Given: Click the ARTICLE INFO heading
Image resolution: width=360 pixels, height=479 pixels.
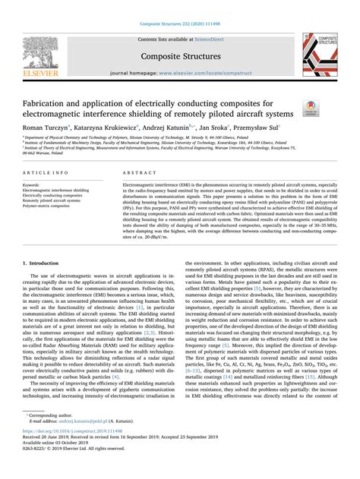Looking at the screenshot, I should click(43, 173).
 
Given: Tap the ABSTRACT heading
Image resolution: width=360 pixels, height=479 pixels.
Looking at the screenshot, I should click(135, 173).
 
